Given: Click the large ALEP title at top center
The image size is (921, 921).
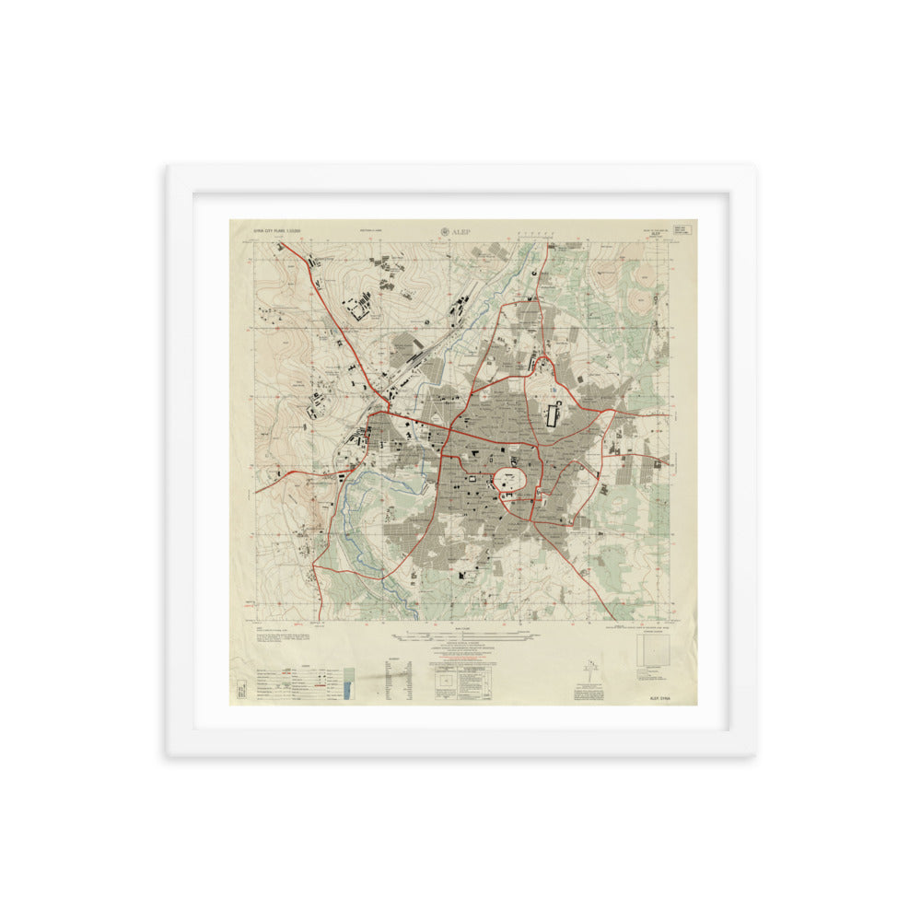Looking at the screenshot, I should (461, 232).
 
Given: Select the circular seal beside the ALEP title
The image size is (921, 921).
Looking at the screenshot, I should (447, 232).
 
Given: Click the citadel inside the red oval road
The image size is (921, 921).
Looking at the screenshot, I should (510, 480).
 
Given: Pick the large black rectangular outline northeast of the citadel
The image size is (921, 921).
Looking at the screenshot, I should (554, 414).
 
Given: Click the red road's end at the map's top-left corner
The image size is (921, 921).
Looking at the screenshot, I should (280, 243).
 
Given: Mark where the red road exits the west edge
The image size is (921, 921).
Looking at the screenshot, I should (257, 490).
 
